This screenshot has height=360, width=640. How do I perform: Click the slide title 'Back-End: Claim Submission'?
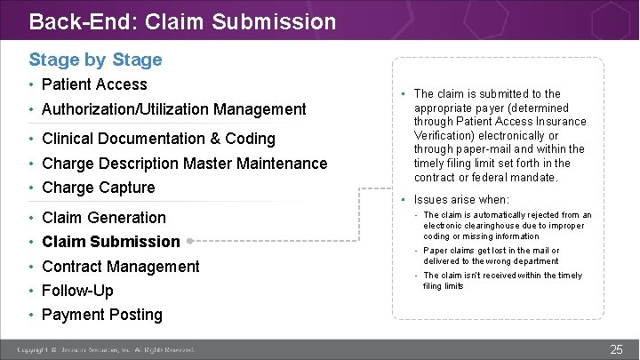pos(182,20)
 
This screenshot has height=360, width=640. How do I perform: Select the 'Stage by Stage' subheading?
pos(95,60)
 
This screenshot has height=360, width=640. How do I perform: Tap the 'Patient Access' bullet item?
pos(94,84)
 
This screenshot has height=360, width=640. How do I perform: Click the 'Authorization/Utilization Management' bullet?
pos(173,109)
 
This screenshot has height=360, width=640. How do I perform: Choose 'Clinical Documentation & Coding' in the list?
pos(158,139)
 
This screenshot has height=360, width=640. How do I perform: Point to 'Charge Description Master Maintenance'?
pos(184,164)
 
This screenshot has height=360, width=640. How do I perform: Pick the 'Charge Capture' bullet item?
pos(98,188)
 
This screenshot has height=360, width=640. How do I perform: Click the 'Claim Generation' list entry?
pos(103,218)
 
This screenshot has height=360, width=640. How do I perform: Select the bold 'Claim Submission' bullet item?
pos(110,242)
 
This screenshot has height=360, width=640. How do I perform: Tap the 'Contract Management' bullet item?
pos(120,267)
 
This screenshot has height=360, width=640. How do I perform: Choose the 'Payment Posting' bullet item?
pos(101,315)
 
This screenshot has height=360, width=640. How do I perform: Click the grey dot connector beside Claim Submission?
pos(190,241)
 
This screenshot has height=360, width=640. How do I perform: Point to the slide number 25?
pos(616,349)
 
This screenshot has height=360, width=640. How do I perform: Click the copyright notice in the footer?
pos(106,350)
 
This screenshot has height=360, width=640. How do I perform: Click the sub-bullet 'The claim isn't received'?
pos(502,281)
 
